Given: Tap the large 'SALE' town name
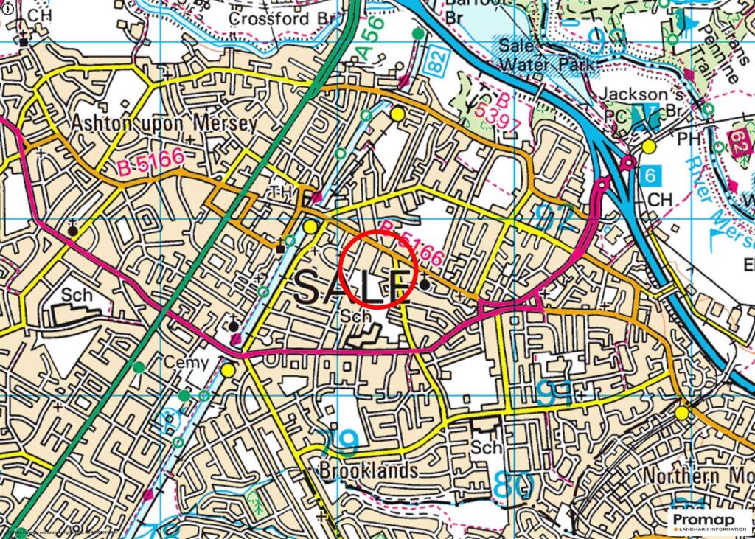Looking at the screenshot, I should [x=352, y=287].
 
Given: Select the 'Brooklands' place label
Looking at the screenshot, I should [x=369, y=470].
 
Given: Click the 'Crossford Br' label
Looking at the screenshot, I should [x=282, y=18].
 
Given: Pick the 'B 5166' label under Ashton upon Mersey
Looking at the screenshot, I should [x=150, y=162].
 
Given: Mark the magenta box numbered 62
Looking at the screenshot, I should [x=740, y=139].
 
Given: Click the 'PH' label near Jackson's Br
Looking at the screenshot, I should [x=688, y=138].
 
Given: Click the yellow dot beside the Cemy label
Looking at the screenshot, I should [x=228, y=369].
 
